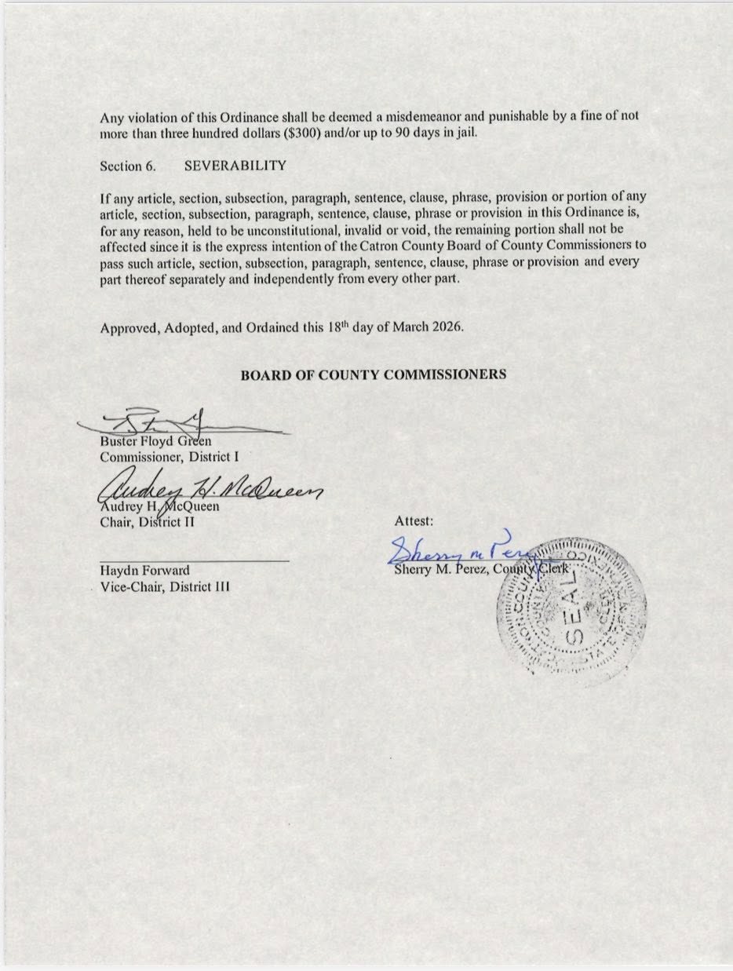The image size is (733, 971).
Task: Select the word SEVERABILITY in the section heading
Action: click(x=235, y=166)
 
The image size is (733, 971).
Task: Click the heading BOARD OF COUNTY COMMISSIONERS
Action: click(x=373, y=374)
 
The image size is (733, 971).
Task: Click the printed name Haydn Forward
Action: click(x=144, y=571)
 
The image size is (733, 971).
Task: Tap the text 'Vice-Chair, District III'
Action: click(x=165, y=586)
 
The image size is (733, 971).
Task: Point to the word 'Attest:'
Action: click(x=414, y=520)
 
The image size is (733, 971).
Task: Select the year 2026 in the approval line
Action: click(x=449, y=329)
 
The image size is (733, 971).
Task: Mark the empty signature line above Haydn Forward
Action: click(x=194, y=560)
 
